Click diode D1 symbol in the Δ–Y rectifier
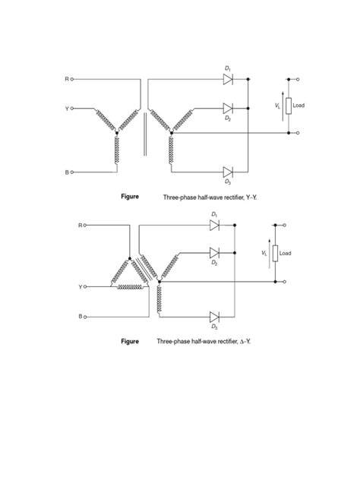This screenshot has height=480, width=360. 214,225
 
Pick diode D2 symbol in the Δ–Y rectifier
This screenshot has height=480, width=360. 214,253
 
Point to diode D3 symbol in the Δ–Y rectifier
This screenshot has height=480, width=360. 214,316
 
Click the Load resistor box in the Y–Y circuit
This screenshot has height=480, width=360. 289,106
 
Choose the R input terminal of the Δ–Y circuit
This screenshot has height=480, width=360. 84,225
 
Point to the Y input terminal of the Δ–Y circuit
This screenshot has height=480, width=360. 84,288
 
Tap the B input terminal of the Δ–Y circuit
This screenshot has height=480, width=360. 84,316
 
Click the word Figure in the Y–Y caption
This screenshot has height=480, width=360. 130,197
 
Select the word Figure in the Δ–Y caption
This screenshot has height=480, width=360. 130,342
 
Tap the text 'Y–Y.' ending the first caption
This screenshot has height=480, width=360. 242,197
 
